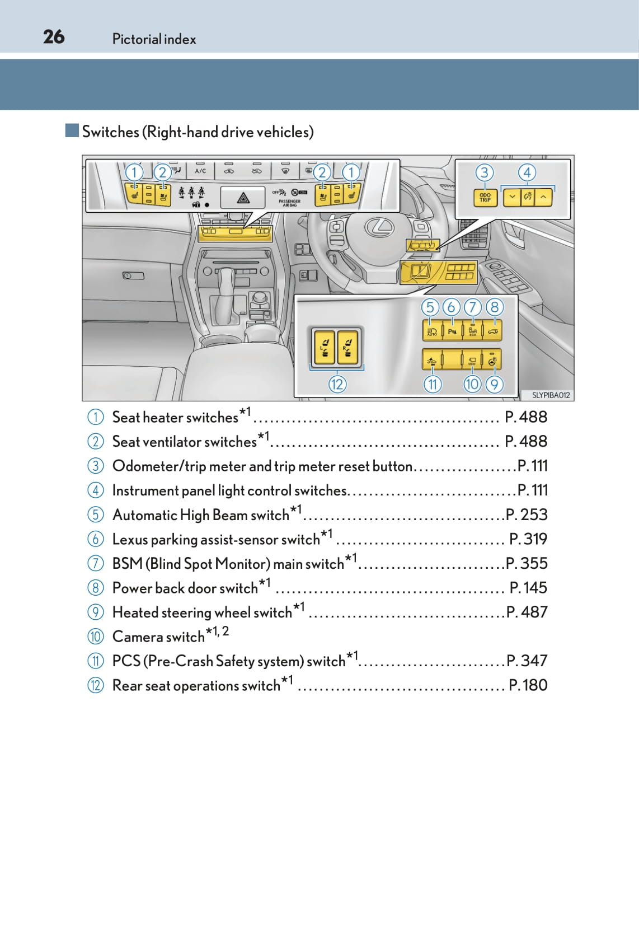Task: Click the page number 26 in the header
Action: coord(54,37)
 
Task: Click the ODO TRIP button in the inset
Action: coord(485,198)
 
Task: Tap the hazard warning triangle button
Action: coord(243,198)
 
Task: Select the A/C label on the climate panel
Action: coord(200,171)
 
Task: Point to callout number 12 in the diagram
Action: coord(337,384)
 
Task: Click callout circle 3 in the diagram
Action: coord(485,172)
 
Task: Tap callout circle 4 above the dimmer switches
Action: coord(527,172)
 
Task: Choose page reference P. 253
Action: coord(527,515)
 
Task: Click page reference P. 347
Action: coord(527,661)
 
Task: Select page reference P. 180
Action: coord(528,685)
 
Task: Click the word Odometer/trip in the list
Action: coord(151,466)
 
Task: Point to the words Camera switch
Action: coord(158,637)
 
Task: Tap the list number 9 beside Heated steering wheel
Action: coord(96,612)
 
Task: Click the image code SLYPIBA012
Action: coord(551,395)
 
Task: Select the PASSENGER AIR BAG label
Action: coord(289,203)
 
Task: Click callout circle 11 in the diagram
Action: coord(433,384)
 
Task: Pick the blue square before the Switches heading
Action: coord(72,131)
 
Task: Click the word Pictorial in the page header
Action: coord(137,39)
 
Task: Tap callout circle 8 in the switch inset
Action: coord(494,307)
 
